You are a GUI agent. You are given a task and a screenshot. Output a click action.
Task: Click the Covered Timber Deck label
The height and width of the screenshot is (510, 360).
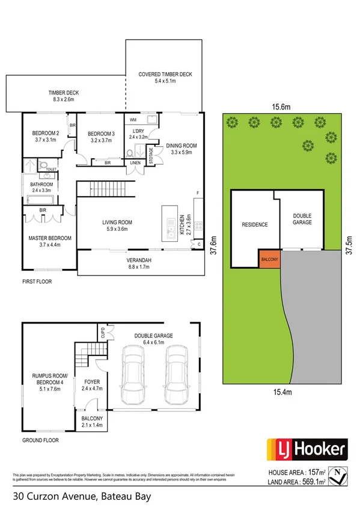pos(165,78)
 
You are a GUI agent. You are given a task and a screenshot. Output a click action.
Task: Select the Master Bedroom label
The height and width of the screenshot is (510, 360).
pos(50,242)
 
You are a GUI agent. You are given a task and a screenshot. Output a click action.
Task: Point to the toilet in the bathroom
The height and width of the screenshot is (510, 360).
pos(43,165)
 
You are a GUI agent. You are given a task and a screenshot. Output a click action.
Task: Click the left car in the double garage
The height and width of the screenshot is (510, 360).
pos(133,375)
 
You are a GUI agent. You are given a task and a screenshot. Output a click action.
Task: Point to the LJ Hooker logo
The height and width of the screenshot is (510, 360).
pos(307,449)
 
